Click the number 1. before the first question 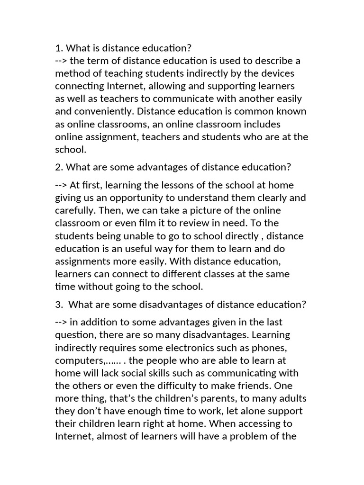(x=59, y=48)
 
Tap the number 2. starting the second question (x=59, y=167)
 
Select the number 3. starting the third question (x=59, y=305)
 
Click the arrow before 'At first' (x=61, y=185)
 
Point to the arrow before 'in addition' (x=61, y=323)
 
